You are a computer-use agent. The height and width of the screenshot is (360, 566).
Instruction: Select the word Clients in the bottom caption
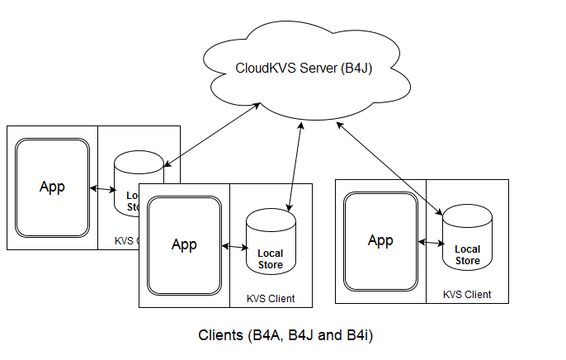click(x=220, y=336)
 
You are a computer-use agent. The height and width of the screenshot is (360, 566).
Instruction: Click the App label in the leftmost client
click(x=52, y=187)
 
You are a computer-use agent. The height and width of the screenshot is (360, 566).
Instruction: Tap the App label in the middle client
click(x=184, y=244)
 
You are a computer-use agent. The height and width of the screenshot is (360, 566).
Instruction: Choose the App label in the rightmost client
click(x=380, y=240)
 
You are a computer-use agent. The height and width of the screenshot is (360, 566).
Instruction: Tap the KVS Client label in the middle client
click(x=270, y=298)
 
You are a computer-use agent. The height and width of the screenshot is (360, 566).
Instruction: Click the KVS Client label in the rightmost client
click(x=467, y=294)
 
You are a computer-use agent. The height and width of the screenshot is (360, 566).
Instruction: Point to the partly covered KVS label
click(x=126, y=241)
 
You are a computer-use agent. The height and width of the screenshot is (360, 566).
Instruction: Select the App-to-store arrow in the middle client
click(x=235, y=246)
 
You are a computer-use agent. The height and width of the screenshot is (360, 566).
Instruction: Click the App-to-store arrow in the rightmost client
click(x=432, y=242)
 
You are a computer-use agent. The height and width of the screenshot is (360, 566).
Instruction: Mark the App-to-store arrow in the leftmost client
click(x=102, y=189)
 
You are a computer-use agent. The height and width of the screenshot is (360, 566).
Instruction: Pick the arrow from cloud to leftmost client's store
click(x=212, y=134)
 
